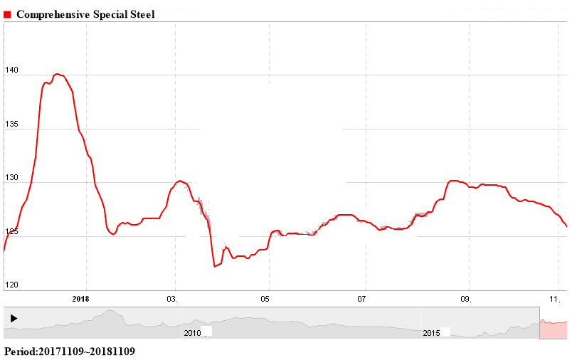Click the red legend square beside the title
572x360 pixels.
8,14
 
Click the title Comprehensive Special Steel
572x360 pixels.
85,14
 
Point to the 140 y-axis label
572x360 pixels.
11,70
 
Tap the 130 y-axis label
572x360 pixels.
11,179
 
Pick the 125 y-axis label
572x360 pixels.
11,232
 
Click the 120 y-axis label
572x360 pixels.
11,285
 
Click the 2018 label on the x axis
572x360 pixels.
81,299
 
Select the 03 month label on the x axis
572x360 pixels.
172,299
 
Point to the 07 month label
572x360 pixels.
361,299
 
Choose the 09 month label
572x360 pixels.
466,299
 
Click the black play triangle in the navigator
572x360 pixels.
14,319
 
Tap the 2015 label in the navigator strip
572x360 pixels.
432,333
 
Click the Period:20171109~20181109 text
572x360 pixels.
69,351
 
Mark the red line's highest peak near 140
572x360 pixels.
58,74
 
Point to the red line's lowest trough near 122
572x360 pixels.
214,266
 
